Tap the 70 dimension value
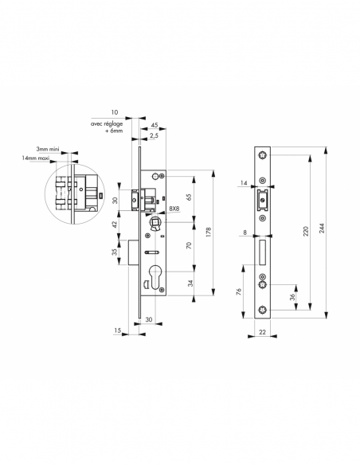tap(188, 247)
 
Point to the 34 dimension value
tap(188, 283)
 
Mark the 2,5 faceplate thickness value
tap(151, 136)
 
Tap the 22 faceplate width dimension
tap(261, 332)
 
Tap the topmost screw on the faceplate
tap(262, 156)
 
